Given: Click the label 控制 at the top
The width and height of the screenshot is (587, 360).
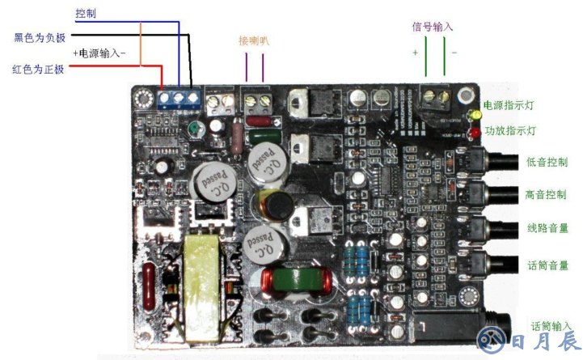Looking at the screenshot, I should tap(87, 14).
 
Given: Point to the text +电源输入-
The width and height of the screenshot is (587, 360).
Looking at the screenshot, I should tap(99, 53).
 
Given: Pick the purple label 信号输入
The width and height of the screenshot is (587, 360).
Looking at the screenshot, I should tap(433, 27).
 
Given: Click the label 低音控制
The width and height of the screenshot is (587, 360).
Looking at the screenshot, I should tap(547, 162).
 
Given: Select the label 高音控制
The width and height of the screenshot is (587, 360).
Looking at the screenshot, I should tap(547, 195).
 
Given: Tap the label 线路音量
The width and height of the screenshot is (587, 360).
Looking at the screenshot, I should tap(547, 229).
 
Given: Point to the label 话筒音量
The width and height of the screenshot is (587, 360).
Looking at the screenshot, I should tap(547, 265).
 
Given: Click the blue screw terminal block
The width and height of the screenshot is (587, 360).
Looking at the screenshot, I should tap(179, 99).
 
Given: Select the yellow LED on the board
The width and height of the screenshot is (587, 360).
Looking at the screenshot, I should tap(472, 116).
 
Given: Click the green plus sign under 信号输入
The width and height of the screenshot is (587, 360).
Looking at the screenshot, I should tap(415, 52).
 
